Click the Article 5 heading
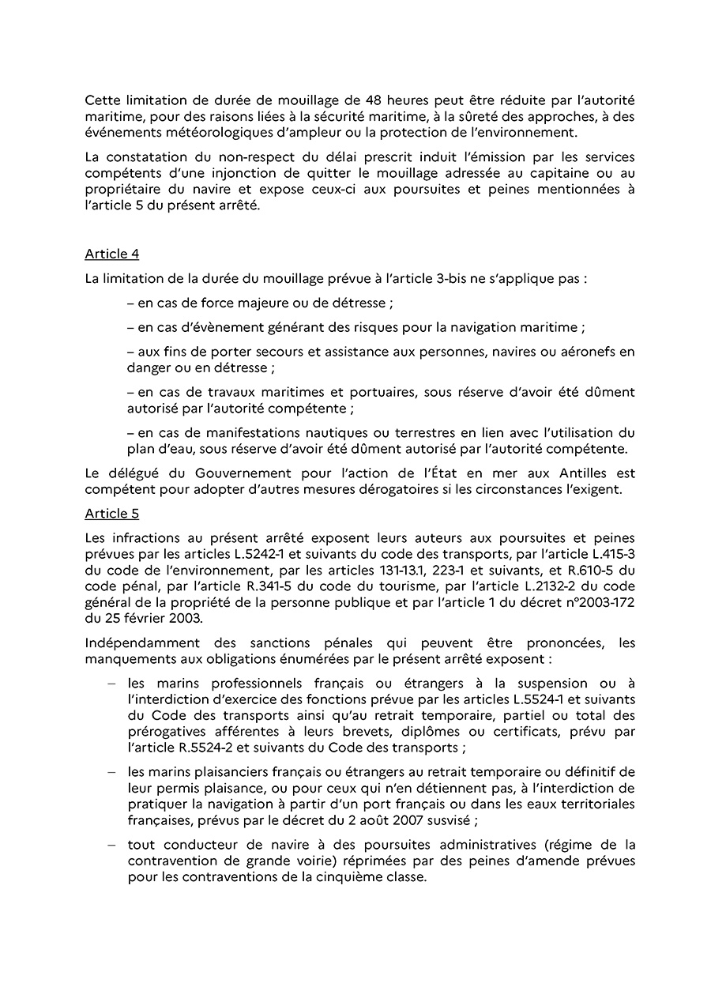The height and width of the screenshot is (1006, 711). pyautogui.click(x=111, y=513)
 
